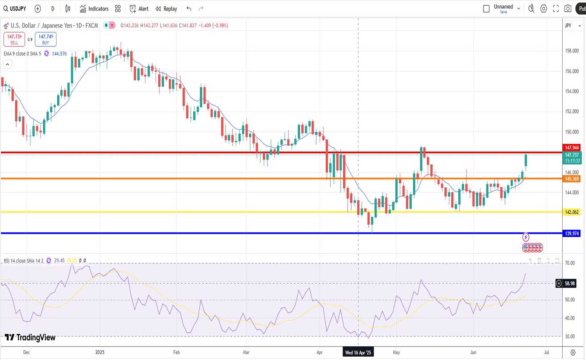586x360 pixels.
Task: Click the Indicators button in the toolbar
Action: [94, 9]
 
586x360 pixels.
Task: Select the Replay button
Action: [166, 9]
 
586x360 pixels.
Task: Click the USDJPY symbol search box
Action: [15, 9]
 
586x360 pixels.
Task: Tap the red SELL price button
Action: [14, 39]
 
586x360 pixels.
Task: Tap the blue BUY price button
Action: [46, 39]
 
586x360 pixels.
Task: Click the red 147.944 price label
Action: [572, 148]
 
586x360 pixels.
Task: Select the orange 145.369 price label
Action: [572, 179]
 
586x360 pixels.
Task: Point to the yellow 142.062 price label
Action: [572, 212]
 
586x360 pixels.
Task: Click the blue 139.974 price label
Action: [572, 234]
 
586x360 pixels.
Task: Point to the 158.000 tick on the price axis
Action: [572, 51]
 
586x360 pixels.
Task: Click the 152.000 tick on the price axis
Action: [572, 112]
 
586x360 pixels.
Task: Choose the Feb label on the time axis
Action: [176, 352]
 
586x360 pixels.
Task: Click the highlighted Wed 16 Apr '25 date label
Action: [358, 352]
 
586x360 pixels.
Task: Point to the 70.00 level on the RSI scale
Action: [570, 263]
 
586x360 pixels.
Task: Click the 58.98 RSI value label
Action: [570, 283]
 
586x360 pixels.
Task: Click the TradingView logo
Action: [30, 337]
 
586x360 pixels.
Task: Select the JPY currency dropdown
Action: [572, 26]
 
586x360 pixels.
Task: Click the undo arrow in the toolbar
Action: [189, 9]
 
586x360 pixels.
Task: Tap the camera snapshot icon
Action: [568, 9]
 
